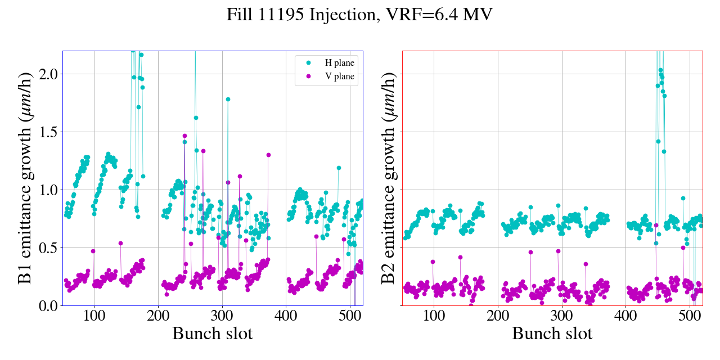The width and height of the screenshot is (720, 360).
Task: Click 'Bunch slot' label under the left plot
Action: [x=212, y=334]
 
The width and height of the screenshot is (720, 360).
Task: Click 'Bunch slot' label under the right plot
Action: [x=552, y=334]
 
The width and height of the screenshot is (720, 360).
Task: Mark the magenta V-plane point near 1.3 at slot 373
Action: [x=268, y=155]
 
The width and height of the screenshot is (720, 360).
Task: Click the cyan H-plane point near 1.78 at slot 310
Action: [x=228, y=99]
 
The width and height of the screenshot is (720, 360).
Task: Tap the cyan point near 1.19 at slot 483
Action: [x=339, y=168]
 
